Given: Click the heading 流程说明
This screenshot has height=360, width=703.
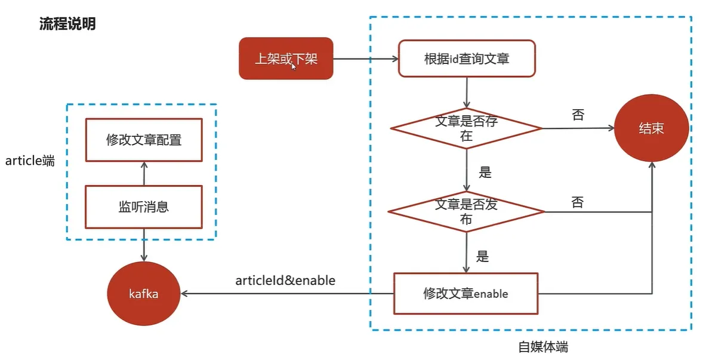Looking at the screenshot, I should click(67, 24).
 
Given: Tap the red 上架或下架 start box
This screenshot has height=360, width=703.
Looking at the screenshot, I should click(286, 59).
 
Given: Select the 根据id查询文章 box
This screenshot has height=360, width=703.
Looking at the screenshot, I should click(467, 59).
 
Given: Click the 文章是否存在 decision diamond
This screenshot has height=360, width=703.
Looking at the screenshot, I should click(466, 128).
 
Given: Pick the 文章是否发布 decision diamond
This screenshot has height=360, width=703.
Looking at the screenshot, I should click(466, 211).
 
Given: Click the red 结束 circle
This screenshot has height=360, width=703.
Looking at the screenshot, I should click(651, 128).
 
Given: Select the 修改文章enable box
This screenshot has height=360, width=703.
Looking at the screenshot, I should click(465, 294).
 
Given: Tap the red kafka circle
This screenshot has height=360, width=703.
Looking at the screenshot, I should click(143, 294).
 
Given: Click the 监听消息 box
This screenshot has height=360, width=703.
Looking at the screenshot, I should click(143, 207).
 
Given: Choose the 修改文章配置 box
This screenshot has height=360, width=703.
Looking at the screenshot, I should click(143, 140).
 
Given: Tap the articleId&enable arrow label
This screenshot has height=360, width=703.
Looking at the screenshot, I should click(285, 280).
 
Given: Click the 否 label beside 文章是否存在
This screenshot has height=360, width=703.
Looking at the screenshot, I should click(578, 115).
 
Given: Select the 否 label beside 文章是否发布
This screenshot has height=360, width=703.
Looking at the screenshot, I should click(577, 202).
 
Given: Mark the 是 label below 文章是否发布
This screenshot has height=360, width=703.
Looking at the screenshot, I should click(483, 257).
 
